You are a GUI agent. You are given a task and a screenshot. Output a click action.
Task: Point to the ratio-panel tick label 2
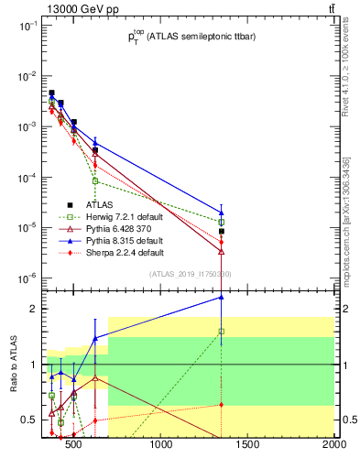[x=31, y=310]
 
